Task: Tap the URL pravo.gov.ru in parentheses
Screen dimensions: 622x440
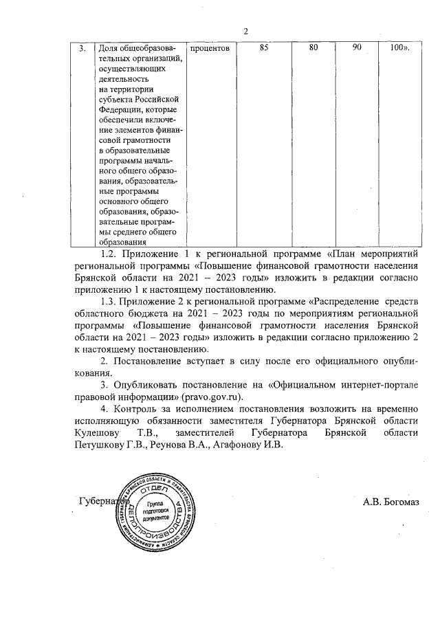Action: [214, 397]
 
